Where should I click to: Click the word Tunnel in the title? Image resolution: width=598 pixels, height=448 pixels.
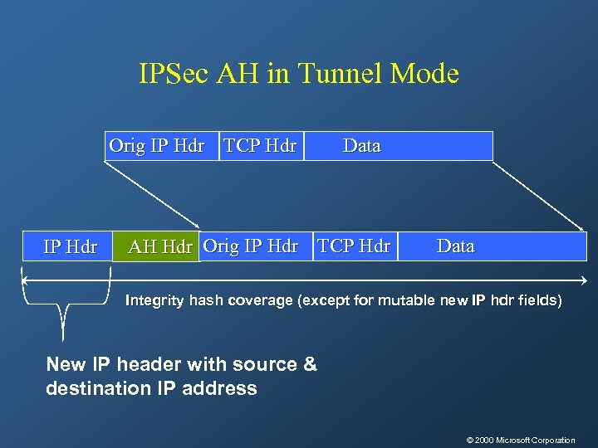pyautogui.click(x=334, y=75)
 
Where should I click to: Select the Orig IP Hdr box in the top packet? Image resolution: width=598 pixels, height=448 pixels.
pyautogui.click(x=158, y=146)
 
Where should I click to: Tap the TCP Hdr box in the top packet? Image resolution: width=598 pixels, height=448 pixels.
pyautogui.click(x=261, y=146)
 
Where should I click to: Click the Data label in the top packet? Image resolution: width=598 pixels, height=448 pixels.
pyautogui.click(x=362, y=146)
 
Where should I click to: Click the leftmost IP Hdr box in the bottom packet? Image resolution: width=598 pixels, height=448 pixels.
pyautogui.click(x=69, y=247)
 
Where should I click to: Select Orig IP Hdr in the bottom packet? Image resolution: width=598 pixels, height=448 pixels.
pyautogui.click(x=251, y=246)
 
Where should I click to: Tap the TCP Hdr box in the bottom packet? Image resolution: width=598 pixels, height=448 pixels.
pyautogui.click(x=354, y=246)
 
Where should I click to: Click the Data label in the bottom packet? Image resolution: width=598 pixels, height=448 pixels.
pyautogui.click(x=456, y=246)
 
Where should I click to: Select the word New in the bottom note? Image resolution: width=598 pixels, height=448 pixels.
pyautogui.click(x=66, y=364)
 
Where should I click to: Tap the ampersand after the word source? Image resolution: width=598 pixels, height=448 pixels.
pyautogui.click(x=310, y=364)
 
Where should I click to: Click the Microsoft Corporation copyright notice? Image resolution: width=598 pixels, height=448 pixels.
pyautogui.click(x=521, y=440)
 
